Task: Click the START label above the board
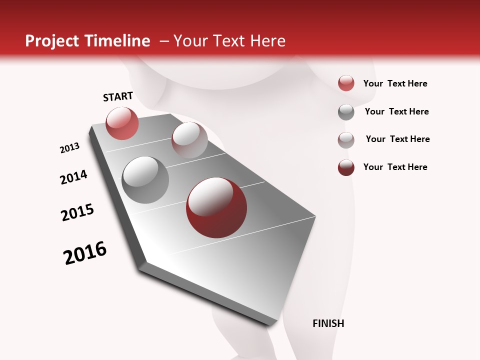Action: coord(118,96)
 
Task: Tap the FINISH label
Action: coord(328,323)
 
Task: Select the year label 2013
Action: coord(69,148)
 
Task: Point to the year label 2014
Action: coord(73,177)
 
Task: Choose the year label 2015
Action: coord(77,212)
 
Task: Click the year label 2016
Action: coord(85,253)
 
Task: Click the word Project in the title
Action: coord(52,41)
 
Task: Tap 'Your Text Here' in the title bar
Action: coord(229,41)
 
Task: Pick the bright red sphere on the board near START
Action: coord(122,123)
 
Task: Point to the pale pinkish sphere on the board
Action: coord(189,139)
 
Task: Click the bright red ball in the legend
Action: coord(346,83)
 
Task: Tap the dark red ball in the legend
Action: coord(346,167)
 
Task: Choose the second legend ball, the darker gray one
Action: coord(346,112)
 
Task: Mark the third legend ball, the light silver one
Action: coord(346,140)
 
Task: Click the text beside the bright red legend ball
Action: coord(395,83)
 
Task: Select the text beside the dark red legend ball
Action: coord(395,167)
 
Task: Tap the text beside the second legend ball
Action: coord(396,111)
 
